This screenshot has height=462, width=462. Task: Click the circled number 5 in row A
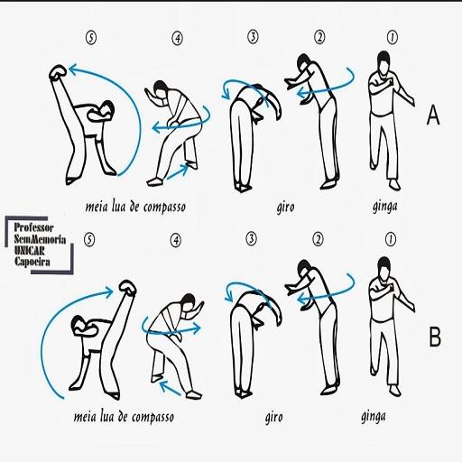point(91,39)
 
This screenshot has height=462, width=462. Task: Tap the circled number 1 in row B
point(391,240)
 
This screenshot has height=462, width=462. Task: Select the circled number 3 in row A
point(253,37)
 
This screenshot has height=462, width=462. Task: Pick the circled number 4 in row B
point(176,240)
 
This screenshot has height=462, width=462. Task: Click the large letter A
point(433,115)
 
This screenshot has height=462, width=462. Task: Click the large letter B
point(435,337)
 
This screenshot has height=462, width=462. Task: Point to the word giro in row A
point(285,208)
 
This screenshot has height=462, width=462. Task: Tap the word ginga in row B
point(374,417)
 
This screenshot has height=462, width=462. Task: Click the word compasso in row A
point(164,208)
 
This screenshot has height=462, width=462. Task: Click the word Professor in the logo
point(33,227)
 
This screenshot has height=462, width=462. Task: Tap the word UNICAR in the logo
point(30,251)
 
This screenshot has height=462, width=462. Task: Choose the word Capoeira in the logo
point(32,262)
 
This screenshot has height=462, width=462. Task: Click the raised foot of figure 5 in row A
point(58,72)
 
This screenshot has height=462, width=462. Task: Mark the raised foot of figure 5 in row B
point(128,287)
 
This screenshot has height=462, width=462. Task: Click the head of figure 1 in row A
point(383,61)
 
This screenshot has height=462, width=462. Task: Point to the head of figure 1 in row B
point(384,267)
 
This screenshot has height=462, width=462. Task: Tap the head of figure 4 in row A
point(161,89)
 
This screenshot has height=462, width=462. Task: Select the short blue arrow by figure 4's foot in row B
point(170,388)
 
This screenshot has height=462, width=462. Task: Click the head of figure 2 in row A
point(304,63)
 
